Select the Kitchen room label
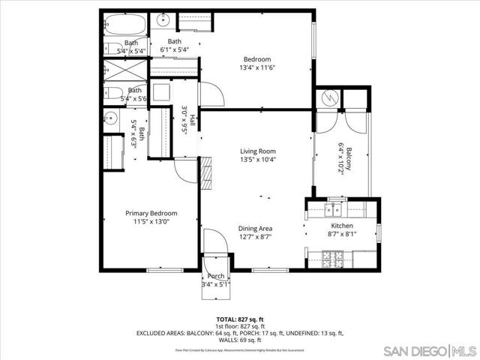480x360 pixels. (343, 226)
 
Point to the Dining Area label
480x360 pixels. (255, 229)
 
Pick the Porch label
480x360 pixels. (216, 276)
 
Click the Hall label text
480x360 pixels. (193, 120)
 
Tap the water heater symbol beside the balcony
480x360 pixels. (328, 97)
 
